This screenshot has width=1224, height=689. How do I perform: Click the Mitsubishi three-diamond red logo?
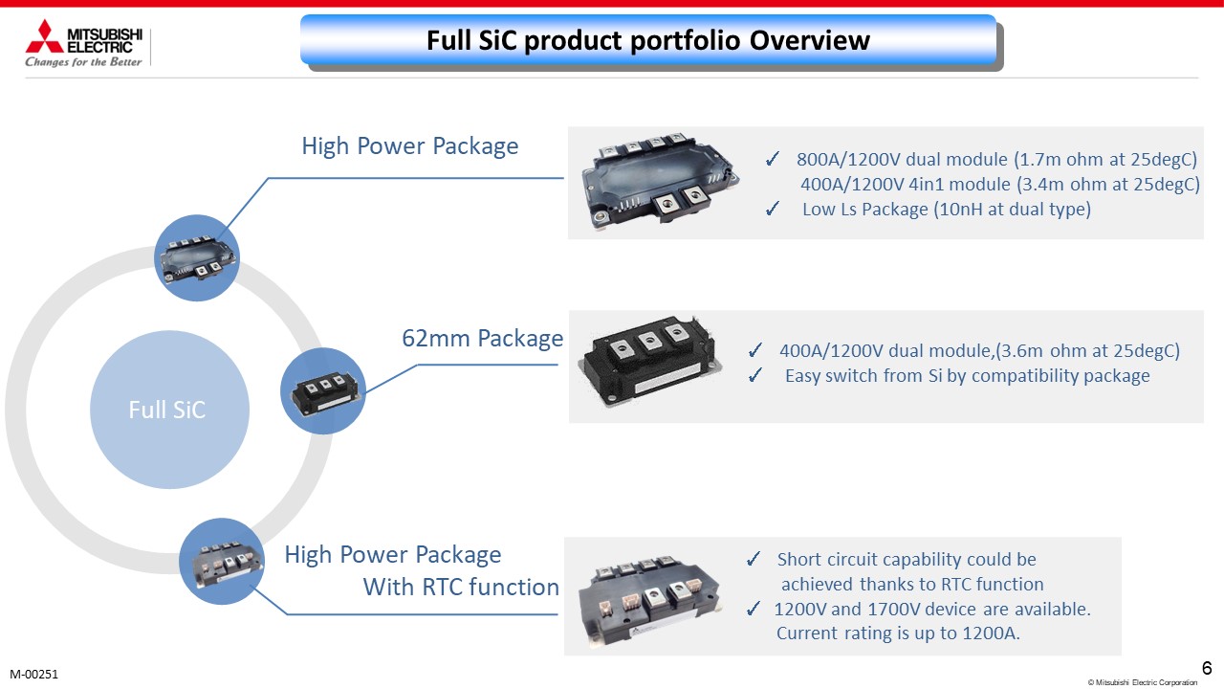point(45,36)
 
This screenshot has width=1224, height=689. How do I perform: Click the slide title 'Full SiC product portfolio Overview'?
point(648,40)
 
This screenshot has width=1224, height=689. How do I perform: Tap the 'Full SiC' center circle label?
point(167,410)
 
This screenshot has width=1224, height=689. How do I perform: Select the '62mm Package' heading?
point(483,339)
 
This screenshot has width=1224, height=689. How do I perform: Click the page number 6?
point(1207,668)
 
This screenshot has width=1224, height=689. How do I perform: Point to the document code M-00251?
point(33,675)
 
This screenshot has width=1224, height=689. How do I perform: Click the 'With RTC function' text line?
point(461,587)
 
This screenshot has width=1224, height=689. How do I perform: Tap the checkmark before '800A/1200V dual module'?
point(773,159)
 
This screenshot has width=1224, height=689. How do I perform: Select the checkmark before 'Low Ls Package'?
point(773,209)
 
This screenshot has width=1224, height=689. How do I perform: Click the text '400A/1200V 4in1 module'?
point(906,185)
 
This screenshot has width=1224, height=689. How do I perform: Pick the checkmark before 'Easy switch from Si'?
point(755,375)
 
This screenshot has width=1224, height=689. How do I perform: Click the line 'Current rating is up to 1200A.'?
point(898,633)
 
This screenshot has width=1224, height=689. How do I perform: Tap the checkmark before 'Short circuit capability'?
point(754,559)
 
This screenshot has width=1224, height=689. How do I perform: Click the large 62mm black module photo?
point(650,361)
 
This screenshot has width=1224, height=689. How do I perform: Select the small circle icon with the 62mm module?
point(323,391)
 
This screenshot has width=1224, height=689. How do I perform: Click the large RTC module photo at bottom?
point(650,600)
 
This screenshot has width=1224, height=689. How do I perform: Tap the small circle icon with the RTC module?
point(222,562)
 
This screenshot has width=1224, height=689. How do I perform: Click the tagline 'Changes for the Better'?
point(83,62)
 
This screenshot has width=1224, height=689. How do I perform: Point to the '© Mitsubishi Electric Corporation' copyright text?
point(1143,682)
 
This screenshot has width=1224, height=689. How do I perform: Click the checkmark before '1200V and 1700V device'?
point(754,609)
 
